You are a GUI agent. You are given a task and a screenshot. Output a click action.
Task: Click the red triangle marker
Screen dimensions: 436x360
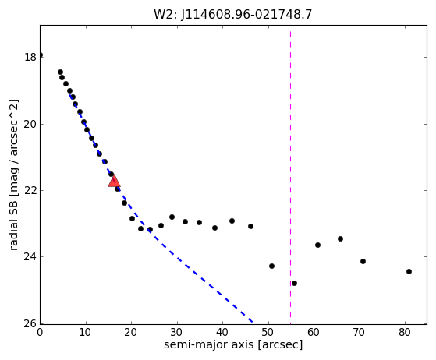pyautogui.click(x=115, y=181)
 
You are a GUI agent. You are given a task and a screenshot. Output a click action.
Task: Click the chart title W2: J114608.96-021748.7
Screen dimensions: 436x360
pyautogui.click(x=233, y=15)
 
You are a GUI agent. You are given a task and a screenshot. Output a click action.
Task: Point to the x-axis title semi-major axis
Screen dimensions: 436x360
pyautogui.click(x=208, y=344)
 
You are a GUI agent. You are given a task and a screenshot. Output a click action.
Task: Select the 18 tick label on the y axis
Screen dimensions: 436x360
pyautogui.click(x=30, y=57)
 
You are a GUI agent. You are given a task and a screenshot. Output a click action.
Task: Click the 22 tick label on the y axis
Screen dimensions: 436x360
pyautogui.click(x=30, y=191)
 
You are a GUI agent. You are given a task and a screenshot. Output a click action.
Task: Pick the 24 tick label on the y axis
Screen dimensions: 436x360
pyautogui.click(x=30, y=257)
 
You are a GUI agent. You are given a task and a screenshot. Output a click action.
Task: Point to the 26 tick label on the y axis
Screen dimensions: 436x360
pyautogui.click(x=30, y=323)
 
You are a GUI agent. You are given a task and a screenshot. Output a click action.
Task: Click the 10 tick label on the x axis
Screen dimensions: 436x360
pyautogui.click(x=85, y=332)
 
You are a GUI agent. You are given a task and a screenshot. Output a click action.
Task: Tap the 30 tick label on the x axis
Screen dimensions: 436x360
pyautogui.click(x=176, y=332)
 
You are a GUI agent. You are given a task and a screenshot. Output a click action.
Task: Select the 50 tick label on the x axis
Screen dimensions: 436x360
pyautogui.click(x=268, y=332)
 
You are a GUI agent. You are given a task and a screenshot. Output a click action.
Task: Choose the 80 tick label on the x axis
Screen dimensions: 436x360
pyautogui.click(x=404, y=332)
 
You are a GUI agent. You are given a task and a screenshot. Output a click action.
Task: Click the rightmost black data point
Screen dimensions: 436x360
pyautogui.click(x=409, y=271)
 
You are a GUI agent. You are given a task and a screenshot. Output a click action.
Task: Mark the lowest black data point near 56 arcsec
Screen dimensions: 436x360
pyautogui.click(x=294, y=283)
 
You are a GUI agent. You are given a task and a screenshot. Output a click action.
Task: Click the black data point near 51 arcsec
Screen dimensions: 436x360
pyautogui.click(x=271, y=266)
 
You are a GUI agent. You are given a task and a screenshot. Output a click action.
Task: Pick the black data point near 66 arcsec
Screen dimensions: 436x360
pyautogui.click(x=340, y=238)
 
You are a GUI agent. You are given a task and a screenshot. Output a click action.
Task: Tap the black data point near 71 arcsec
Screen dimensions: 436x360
pyautogui.click(x=363, y=261)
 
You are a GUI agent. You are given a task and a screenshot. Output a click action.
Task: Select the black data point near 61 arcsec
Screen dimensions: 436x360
pyautogui.click(x=317, y=245)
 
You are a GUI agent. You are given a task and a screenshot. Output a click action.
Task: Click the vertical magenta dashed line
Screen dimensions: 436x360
pyautogui.click(x=290, y=175)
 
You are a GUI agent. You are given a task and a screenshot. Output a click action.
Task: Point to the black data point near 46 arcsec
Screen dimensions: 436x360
pyautogui.click(x=250, y=226)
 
